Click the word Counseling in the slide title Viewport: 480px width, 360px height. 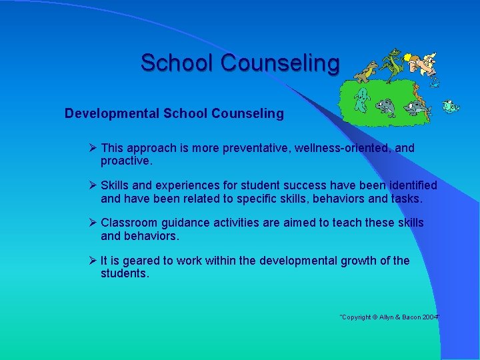tap(280, 63)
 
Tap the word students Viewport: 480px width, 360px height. tap(125, 274)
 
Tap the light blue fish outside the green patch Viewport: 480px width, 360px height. tap(451, 106)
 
